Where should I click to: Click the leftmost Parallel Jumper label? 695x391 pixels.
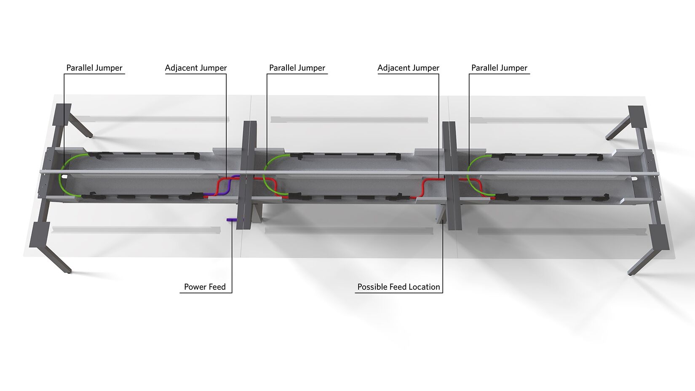(94, 68)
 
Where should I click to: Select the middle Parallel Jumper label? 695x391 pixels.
(297, 68)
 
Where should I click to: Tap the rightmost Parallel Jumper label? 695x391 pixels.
(499, 68)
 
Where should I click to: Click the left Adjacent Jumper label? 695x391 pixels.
(196, 68)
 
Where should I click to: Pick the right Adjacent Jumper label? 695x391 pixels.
(408, 68)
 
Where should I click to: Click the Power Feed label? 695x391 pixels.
(205, 287)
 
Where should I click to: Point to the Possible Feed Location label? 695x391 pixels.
(399, 287)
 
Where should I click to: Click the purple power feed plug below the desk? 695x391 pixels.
(232, 220)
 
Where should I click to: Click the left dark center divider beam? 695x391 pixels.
(247, 175)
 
